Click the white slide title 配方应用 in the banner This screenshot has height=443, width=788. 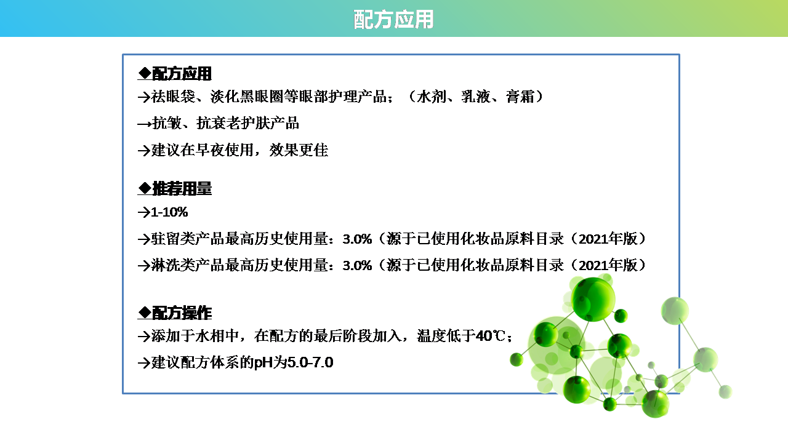(393, 19)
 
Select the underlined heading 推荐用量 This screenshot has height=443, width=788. (182, 189)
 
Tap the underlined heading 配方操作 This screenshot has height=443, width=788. (182, 313)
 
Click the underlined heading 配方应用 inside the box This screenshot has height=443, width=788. (182, 73)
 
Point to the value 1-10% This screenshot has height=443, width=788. (169, 212)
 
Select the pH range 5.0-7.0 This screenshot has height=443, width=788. (310, 362)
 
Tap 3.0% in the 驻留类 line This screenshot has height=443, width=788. (357, 239)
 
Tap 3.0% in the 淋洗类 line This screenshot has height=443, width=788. (357, 265)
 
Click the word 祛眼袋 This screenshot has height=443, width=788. (173, 97)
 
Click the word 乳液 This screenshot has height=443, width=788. (476, 97)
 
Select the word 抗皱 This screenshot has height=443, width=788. (167, 123)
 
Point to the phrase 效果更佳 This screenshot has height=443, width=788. (299, 150)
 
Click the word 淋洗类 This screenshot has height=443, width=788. (173, 265)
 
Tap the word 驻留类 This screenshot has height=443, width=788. (173, 239)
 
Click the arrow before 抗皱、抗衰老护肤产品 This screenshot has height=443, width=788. (144, 124)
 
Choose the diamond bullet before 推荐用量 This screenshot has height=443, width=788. (145, 188)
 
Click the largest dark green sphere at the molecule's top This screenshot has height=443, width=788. (593, 299)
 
